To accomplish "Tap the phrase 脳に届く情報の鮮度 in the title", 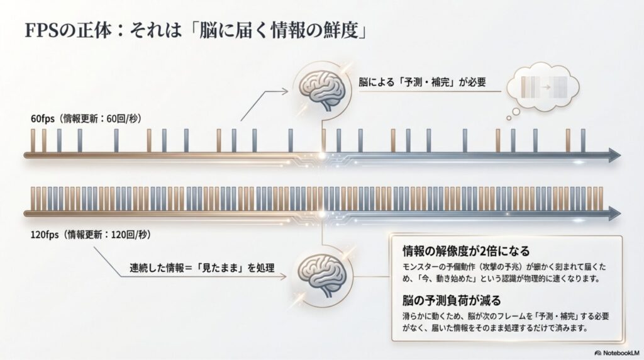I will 287,30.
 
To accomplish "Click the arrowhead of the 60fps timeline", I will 614,155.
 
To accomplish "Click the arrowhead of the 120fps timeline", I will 614,215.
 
